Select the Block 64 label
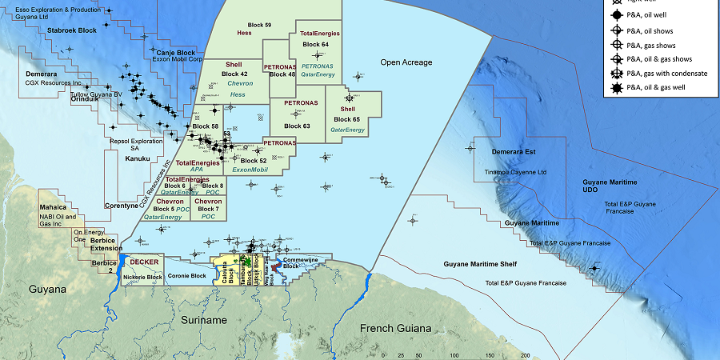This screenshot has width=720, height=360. [314, 44]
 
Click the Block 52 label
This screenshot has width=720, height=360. [254, 161]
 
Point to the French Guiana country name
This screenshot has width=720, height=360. [395, 329]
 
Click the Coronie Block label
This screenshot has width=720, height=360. [186, 276]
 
